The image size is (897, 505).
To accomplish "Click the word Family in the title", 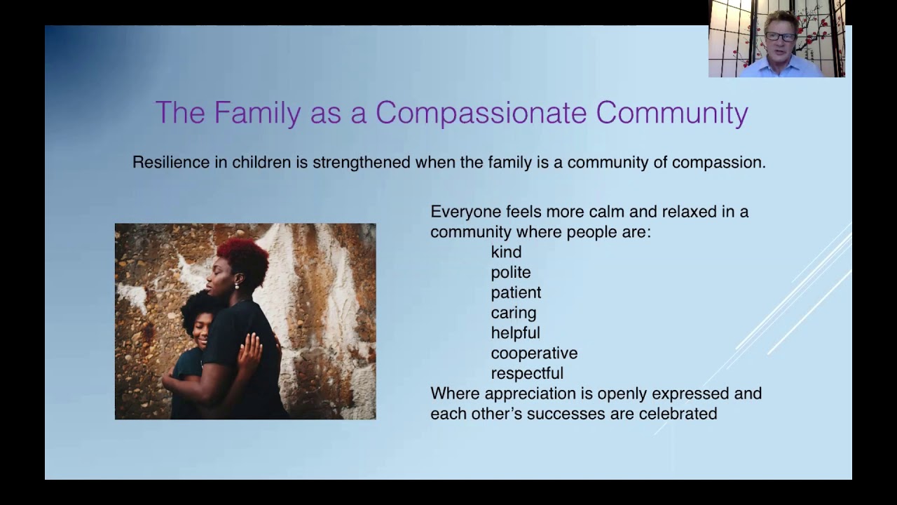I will tap(256, 113).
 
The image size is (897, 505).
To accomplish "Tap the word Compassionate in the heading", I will tap(481, 113).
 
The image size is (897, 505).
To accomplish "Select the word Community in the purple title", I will tap(672, 113).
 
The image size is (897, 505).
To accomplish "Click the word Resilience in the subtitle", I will tap(171, 162).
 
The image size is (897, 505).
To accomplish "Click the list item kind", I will tap(506, 252).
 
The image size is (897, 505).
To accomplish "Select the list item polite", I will tap(511, 272).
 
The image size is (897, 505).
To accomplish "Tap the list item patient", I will tap(516, 292).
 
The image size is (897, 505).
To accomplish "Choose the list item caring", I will tap(514, 313).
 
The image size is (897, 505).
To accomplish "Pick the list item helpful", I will tap(515, 332).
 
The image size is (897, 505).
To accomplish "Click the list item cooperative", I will tap(534, 353).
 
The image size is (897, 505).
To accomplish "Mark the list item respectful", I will tap(527, 373).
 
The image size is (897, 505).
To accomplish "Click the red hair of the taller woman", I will tap(242, 256).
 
